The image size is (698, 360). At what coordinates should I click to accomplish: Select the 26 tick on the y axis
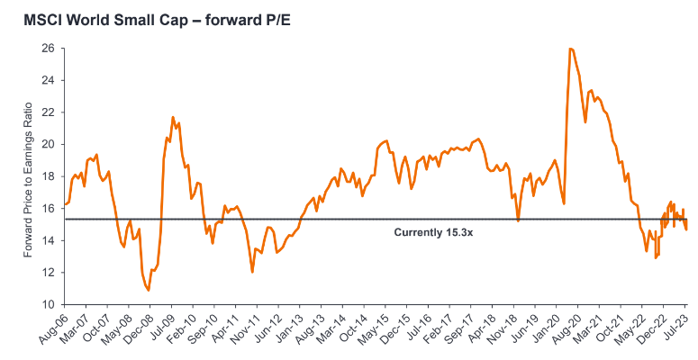(x=47, y=48)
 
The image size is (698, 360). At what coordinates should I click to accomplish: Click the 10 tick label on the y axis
(x=47, y=304)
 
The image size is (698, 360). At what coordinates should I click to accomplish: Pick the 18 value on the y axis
(x=47, y=175)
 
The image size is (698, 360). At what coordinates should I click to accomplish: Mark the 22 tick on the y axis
(x=47, y=112)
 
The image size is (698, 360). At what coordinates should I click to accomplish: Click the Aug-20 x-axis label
(x=574, y=328)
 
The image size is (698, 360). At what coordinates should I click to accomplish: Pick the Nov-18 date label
(x=509, y=328)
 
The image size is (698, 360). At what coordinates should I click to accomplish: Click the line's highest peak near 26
(x=571, y=49)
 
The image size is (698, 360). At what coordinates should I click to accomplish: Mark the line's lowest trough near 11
(x=149, y=290)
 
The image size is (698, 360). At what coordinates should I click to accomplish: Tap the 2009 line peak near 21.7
(x=173, y=117)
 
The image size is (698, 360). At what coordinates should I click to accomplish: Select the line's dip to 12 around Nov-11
(x=252, y=272)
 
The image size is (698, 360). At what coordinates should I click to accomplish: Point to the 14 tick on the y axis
(x=47, y=240)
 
